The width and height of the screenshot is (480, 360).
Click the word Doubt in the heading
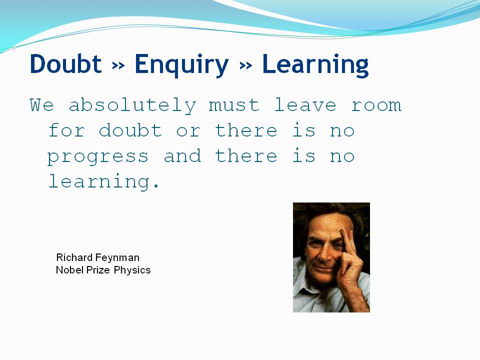[65, 63]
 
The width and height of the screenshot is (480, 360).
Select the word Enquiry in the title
[181, 65]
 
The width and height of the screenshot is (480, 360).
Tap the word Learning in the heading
[315, 65]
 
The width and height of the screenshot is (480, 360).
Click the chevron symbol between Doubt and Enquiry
[118, 65]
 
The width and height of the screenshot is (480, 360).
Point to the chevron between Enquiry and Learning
[246, 65]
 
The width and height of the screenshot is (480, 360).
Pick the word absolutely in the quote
[132, 105]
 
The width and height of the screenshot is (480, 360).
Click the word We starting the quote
[42, 104]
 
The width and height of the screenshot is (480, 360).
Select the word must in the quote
[234, 105]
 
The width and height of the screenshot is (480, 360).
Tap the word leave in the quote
[305, 104]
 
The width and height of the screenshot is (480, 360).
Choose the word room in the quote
[376, 105]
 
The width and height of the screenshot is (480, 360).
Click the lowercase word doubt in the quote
[130, 130]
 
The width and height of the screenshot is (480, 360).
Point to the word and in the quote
[182, 155]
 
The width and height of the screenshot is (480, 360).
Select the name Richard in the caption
[74, 257]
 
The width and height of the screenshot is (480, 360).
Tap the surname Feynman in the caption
[117, 258]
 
